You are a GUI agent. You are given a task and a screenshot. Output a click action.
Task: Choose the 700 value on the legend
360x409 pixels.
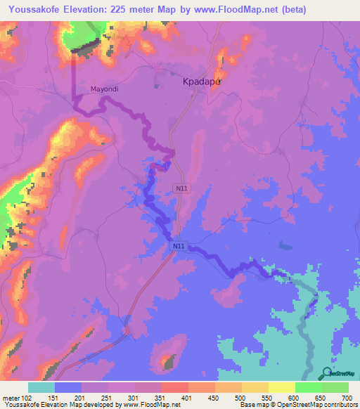tap(346, 398)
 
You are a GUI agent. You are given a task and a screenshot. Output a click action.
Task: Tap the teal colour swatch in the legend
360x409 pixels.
tap(41, 387)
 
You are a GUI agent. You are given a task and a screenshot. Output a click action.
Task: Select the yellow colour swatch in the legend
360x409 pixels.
tap(281, 387)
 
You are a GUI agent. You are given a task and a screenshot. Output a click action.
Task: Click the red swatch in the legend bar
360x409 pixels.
tap(174, 387)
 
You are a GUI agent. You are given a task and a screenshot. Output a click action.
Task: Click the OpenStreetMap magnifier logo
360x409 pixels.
tap(325, 373)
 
